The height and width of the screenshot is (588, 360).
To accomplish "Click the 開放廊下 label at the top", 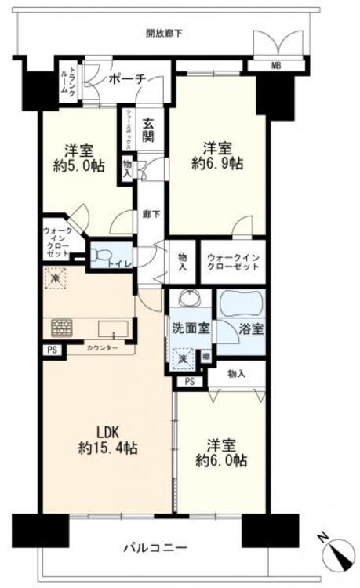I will [x=165, y=33].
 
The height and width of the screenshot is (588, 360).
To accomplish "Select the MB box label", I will [x=276, y=65].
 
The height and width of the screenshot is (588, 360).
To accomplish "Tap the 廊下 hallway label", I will [x=147, y=212].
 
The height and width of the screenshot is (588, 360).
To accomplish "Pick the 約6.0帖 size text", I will [x=222, y=461].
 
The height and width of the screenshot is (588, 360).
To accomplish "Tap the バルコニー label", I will [x=153, y=546].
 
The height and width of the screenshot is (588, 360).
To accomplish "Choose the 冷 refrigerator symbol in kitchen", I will [x=55, y=278].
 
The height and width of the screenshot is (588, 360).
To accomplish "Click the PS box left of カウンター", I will [x=52, y=350].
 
